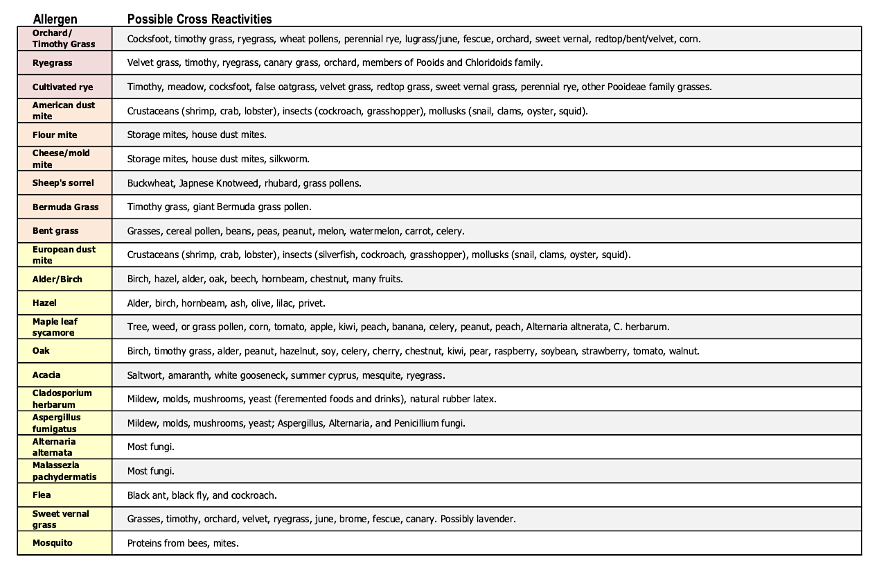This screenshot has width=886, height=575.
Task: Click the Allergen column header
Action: tap(55, 19)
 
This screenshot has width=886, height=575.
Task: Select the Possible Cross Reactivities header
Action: tap(200, 19)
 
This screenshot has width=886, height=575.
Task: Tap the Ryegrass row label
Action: tap(52, 63)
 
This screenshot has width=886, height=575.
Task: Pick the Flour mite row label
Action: tap(55, 135)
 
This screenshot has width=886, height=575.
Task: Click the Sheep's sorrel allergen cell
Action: tap(63, 183)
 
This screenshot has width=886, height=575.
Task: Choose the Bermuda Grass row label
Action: tap(65, 207)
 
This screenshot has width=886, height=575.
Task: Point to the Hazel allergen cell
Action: tap(44, 303)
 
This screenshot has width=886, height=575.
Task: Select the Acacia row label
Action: tap(46, 375)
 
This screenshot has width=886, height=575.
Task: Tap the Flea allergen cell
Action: tap(42, 495)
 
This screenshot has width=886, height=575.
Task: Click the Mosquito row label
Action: tap(53, 543)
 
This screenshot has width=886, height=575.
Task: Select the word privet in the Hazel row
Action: tap(311, 303)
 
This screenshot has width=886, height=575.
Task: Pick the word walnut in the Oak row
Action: tap(683, 351)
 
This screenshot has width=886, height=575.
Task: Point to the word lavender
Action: tap(495, 519)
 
